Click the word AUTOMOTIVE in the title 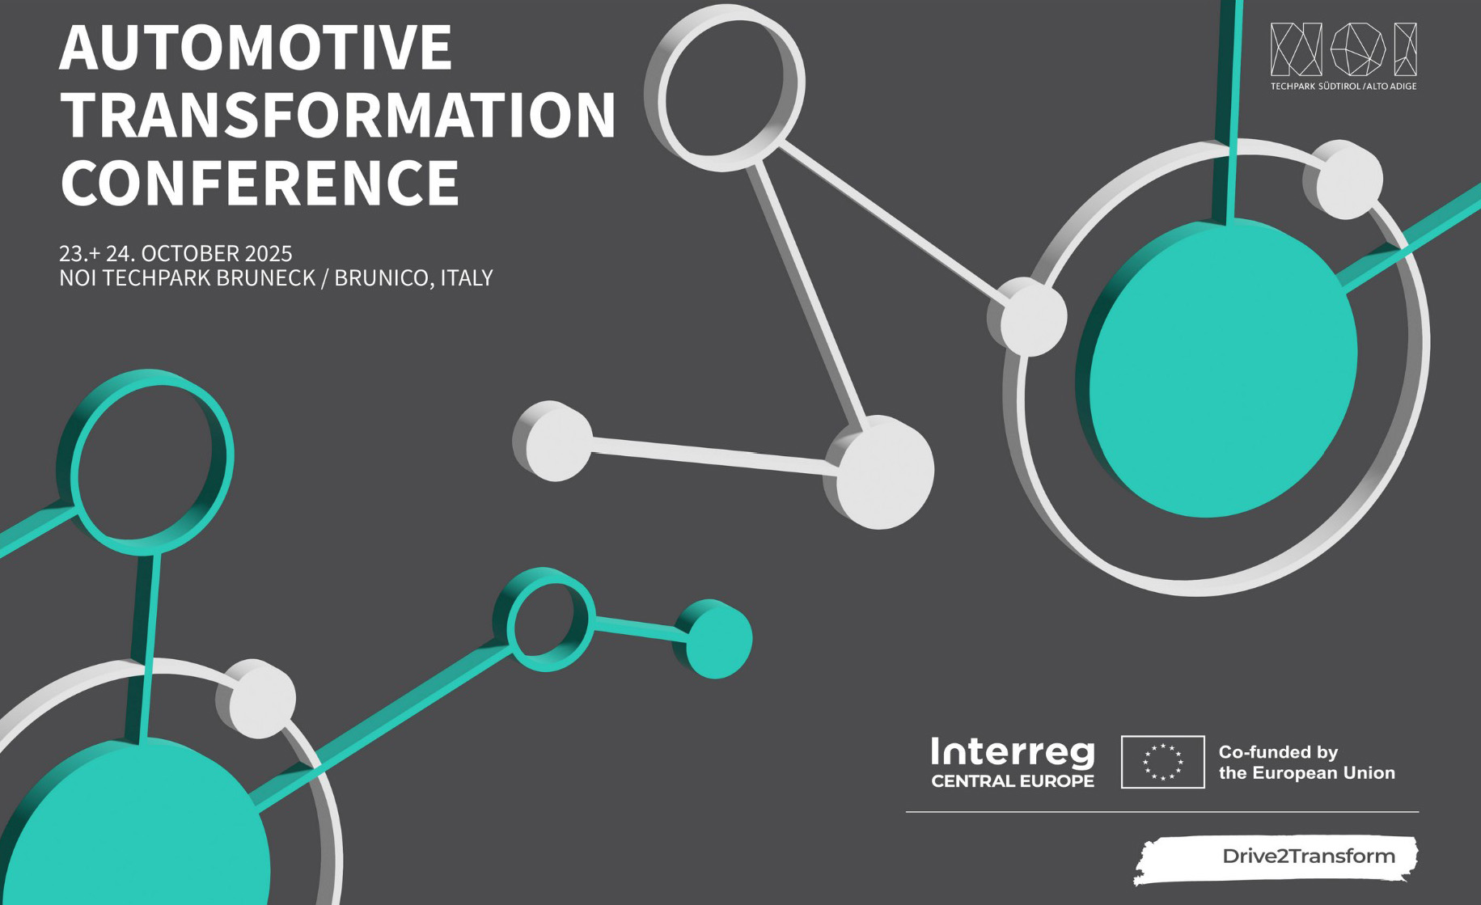point(256,48)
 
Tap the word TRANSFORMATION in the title point(339,115)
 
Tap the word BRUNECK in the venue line point(265,278)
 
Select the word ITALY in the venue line point(466,278)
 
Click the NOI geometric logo point(1343,49)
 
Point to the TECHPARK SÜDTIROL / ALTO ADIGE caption point(1343,86)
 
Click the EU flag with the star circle point(1162,762)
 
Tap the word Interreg point(1013,752)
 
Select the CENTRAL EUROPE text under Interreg point(1013,781)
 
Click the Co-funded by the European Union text point(1306,763)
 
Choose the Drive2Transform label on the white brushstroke point(1308,856)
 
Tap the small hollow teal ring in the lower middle point(544,620)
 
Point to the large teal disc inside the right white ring point(1217,368)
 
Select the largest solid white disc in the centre point(881,472)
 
